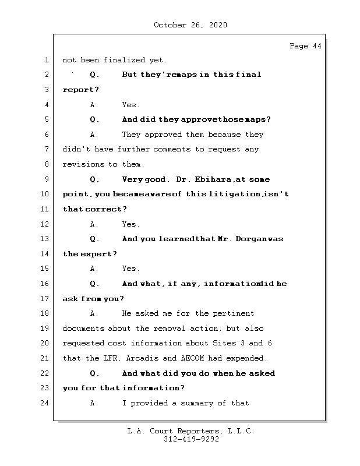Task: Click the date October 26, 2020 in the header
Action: (x=190, y=25)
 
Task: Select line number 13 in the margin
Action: (x=46, y=239)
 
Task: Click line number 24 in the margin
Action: (x=46, y=403)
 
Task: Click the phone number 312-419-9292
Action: (x=190, y=440)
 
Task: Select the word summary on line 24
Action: (x=193, y=403)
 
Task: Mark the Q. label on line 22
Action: (x=95, y=373)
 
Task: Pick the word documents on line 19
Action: (x=84, y=329)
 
